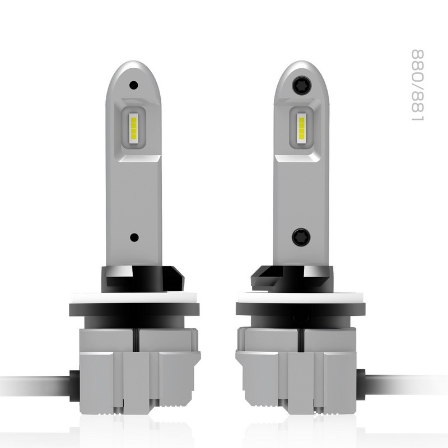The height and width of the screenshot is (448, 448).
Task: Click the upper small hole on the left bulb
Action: pos(133,86)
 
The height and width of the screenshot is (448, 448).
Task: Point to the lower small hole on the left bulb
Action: pos(133,237)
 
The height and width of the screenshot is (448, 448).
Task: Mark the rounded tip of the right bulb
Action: pos(300,66)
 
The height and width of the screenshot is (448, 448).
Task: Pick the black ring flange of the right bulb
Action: pos(300,309)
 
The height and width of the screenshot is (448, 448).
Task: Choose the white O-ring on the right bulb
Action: pos(300,297)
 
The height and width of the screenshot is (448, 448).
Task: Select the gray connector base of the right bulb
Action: pos(300,364)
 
